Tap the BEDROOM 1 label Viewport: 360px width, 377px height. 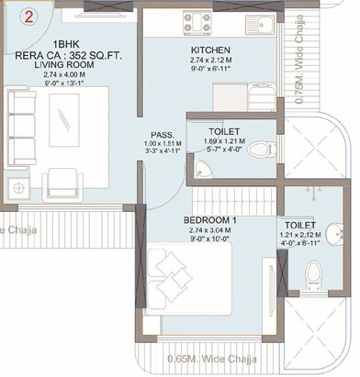pos(210,221)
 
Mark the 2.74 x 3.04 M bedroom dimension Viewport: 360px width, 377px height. pos(210,232)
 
